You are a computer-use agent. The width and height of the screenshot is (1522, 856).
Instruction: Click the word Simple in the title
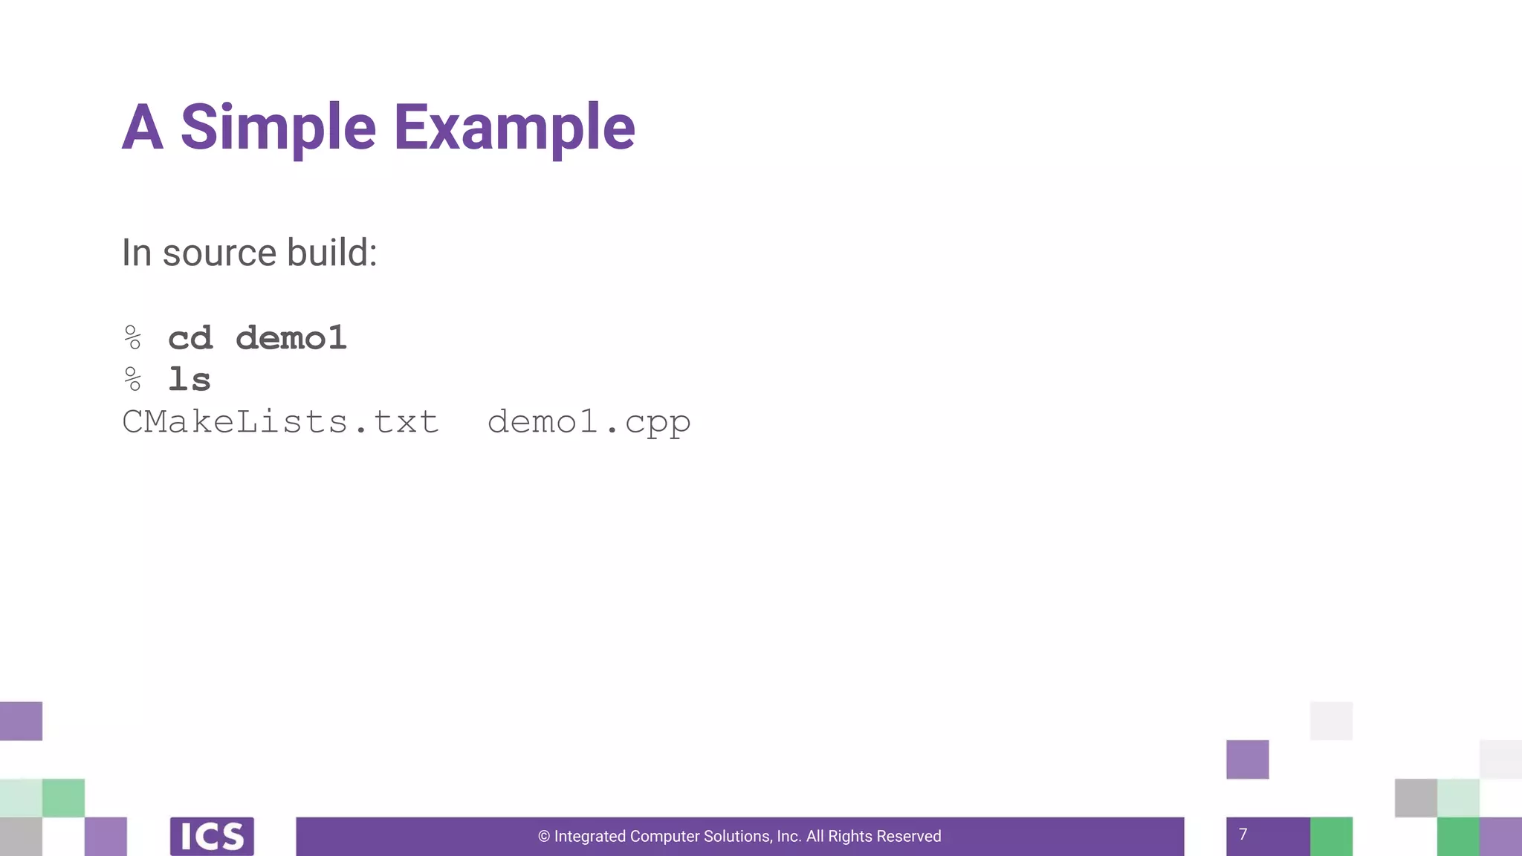pos(278,128)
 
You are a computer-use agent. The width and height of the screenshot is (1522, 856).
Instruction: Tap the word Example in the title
pos(514,128)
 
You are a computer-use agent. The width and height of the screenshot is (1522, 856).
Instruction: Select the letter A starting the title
pos(143,128)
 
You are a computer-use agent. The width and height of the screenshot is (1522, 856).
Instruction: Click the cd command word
pos(190,339)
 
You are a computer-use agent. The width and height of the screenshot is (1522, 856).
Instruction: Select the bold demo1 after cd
pos(291,339)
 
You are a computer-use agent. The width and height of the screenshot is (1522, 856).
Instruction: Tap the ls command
pos(190,380)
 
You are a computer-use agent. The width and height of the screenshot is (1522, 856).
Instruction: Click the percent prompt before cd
pos(133,338)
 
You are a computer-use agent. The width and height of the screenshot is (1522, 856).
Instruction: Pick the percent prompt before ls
pos(133,380)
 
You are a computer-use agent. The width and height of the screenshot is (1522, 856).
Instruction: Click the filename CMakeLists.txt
pos(280,422)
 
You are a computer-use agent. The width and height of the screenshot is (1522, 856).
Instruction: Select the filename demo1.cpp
pos(589,423)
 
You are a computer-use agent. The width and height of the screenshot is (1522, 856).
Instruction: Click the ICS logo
pos(212,837)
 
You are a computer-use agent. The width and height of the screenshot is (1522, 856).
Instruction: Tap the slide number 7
pos(1243,834)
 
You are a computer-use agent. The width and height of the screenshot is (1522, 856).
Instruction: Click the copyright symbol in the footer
pos(544,837)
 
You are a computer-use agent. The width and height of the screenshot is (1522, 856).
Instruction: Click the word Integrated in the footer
pos(590,837)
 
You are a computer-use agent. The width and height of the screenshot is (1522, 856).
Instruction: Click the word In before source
pos(137,253)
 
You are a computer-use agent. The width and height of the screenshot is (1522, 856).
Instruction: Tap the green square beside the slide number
pos(1331,837)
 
